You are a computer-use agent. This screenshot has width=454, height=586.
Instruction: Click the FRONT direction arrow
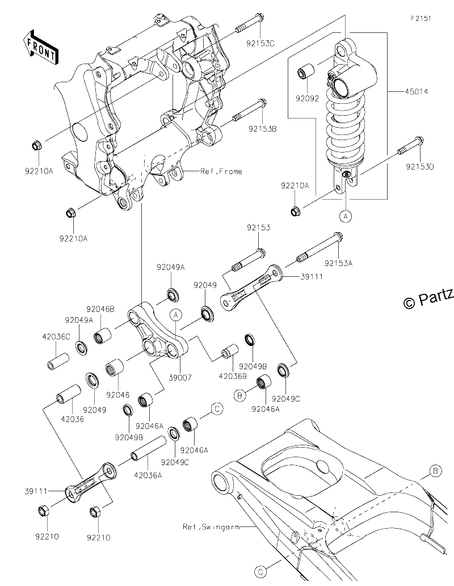coord(40,47)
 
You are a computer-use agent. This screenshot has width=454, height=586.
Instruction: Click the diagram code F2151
coord(421,18)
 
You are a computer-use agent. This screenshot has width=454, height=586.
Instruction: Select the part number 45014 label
coord(416,91)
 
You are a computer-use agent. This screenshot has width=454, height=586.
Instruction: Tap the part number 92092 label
coord(307,99)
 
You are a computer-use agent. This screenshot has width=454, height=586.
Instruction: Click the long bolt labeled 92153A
coord(320,247)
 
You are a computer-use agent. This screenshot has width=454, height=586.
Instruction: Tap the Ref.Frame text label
coord(221,171)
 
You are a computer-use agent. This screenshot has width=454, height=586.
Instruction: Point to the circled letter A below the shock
coord(346,216)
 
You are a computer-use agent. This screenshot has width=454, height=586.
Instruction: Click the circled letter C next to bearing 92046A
coord(217,409)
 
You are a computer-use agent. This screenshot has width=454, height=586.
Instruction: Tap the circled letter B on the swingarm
coord(435,471)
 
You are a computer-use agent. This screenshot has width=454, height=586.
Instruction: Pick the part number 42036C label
coord(56,337)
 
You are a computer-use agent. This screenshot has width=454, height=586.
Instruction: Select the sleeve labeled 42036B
coord(230,351)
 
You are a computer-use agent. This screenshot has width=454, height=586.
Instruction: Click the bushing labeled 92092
coord(305,71)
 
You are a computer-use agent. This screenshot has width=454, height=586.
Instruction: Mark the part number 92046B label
coord(100,309)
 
